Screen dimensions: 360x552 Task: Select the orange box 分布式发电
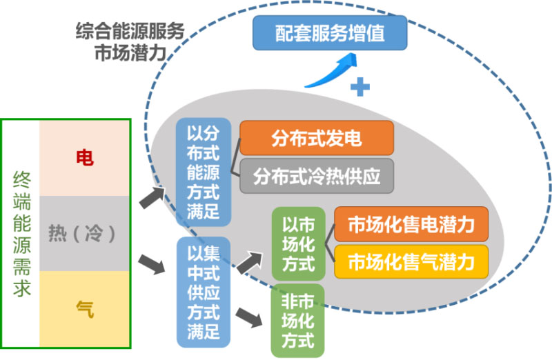317,138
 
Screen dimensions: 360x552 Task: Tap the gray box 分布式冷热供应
317,176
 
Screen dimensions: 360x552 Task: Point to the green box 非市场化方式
297,320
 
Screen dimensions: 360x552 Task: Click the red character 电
85,158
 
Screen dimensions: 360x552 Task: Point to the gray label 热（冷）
85,234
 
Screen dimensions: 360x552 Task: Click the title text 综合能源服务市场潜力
130,41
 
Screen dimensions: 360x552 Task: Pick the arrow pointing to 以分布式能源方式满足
156,197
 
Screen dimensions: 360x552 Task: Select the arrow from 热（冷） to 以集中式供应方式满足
156,264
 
